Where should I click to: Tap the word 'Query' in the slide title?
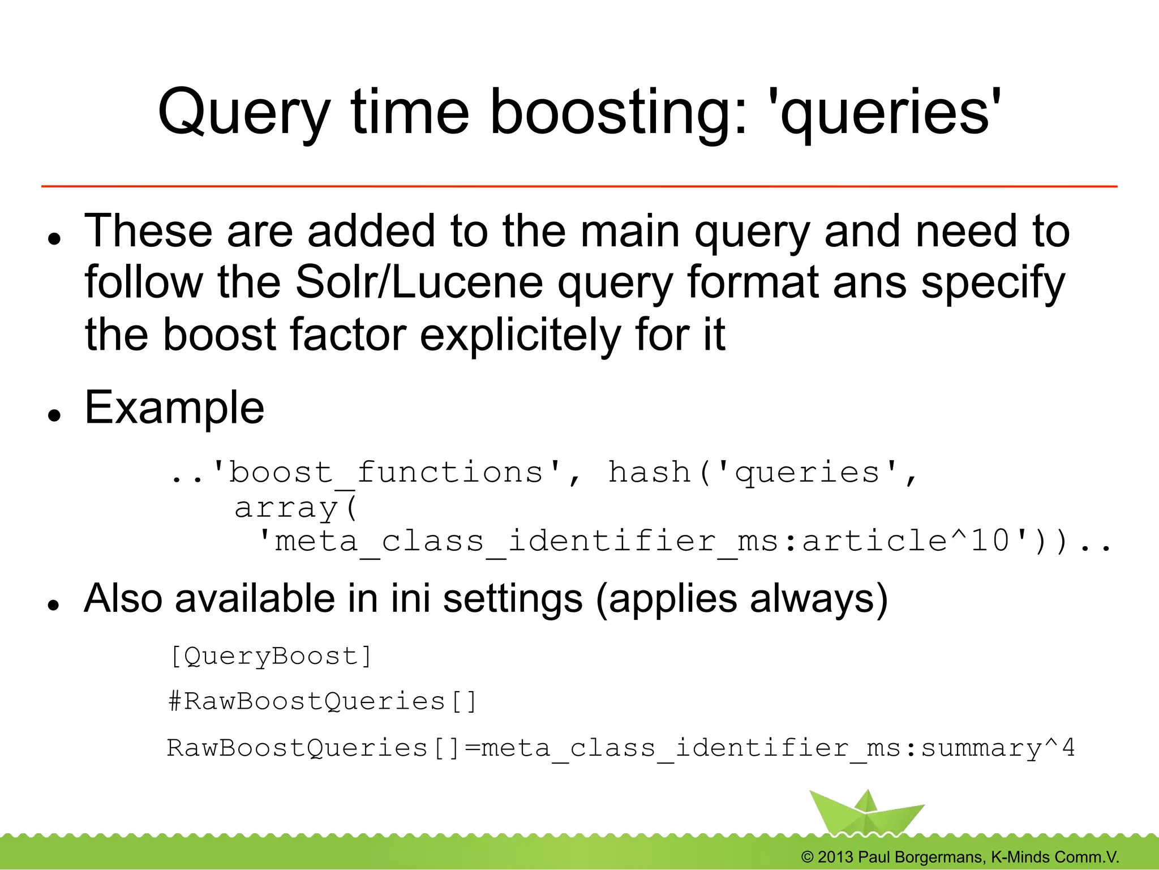[243, 113]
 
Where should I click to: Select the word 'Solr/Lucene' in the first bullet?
[419, 282]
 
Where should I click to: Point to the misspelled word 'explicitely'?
[521, 335]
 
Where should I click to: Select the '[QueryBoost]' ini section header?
[271, 657]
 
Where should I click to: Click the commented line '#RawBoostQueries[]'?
[323, 702]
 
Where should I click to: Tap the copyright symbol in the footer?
[808, 857]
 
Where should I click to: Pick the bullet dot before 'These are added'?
[54, 238]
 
